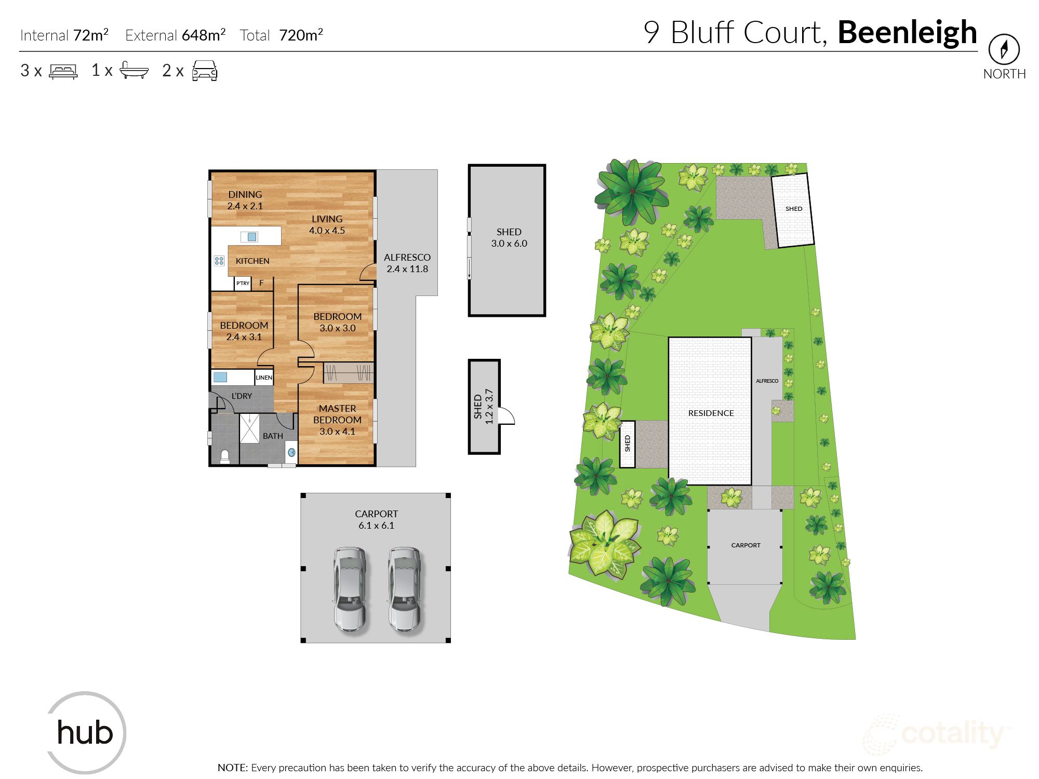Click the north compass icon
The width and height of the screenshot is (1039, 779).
click(1004, 49)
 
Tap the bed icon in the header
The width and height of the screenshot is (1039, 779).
click(63, 71)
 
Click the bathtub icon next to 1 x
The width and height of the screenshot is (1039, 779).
click(134, 70)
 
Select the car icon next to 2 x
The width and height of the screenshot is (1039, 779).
click(205, 71)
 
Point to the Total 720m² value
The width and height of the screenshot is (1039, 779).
click(300, 35)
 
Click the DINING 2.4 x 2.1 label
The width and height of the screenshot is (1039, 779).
click(245, 200)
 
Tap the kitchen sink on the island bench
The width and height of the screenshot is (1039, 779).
click(251, 237)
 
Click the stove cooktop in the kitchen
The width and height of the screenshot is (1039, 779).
click(219, 261)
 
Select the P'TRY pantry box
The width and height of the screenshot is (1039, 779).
click(243, 284)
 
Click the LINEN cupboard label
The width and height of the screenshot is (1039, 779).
click(264, 378)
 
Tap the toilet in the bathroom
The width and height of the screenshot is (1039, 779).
click(225, 456)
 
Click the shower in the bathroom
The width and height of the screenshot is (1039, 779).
click(249, 428)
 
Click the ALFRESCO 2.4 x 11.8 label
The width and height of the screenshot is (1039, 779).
click(407, 263)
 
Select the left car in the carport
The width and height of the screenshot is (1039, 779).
click(350, 588)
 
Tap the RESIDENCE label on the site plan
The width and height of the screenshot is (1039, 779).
click(711, 413)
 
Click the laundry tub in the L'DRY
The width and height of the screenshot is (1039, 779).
click(220, 377)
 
